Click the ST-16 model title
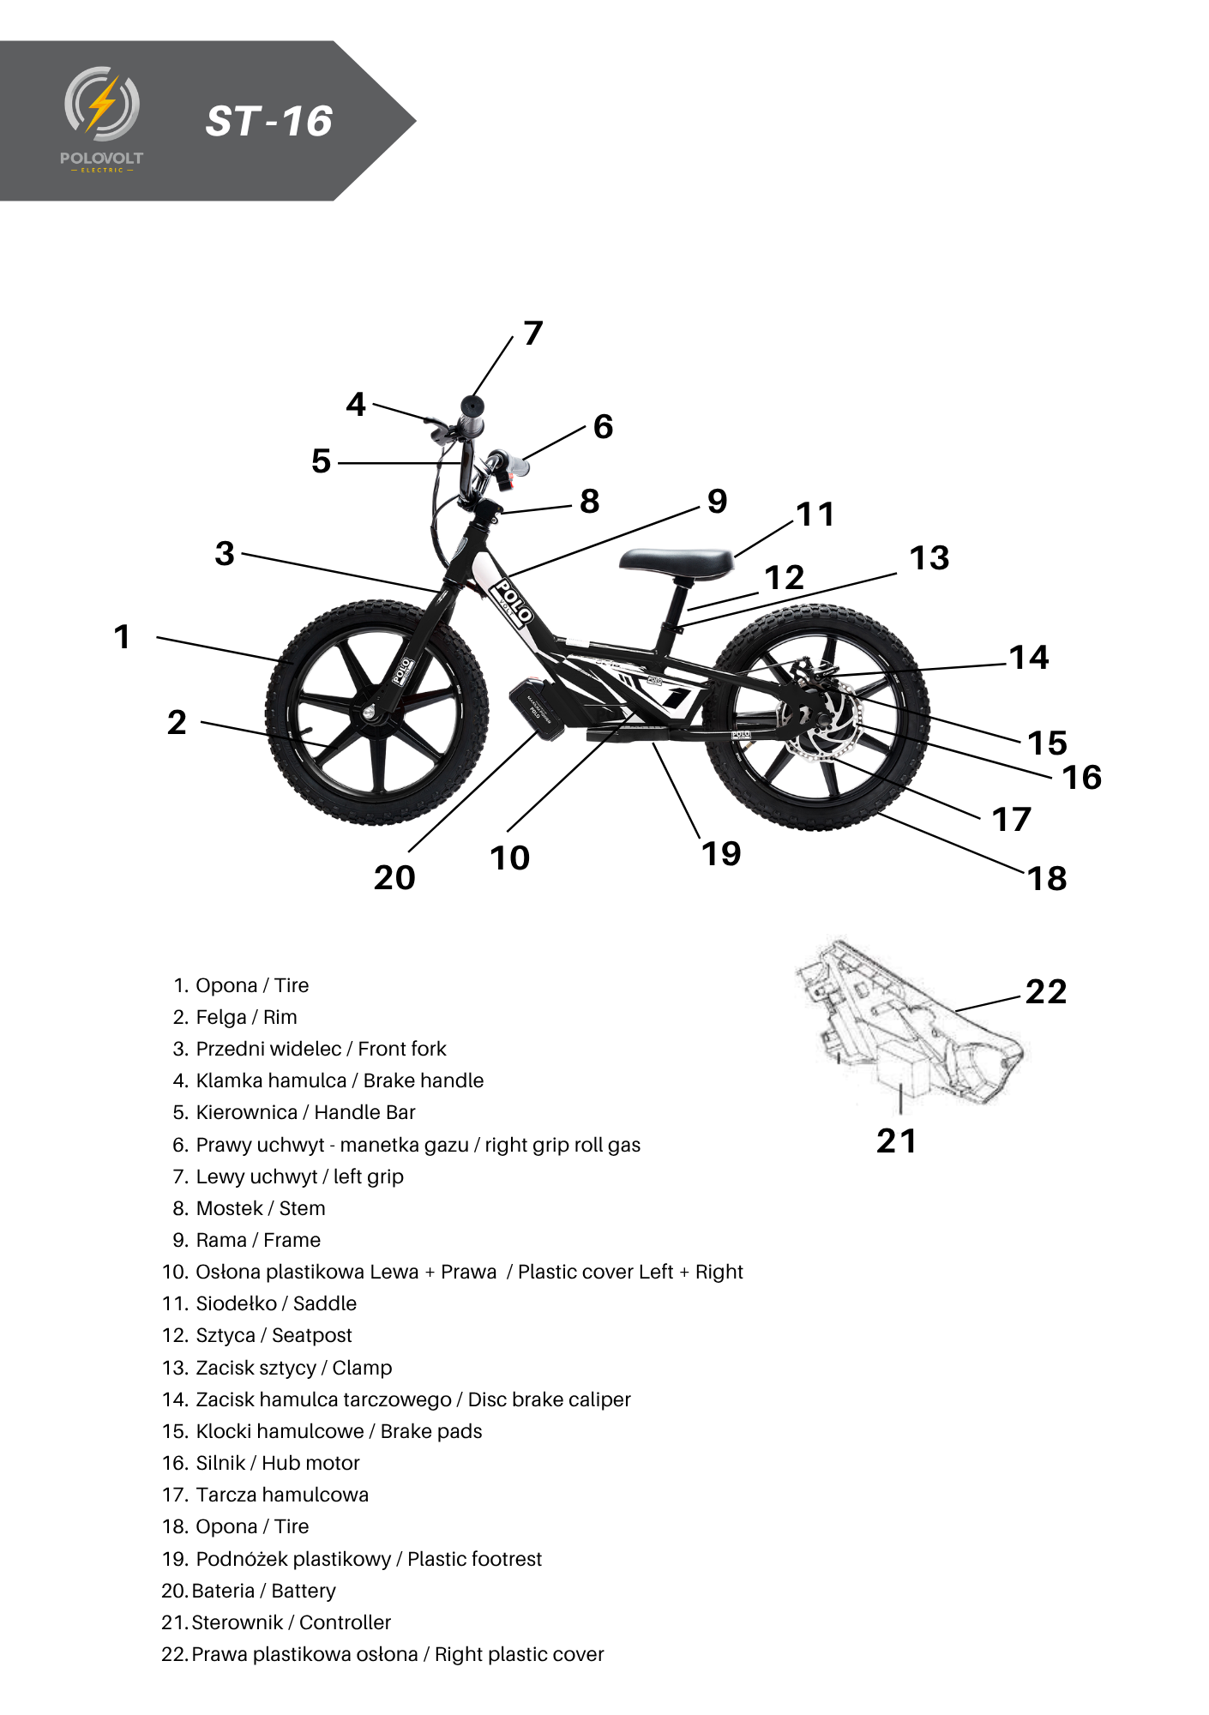pos(268,121)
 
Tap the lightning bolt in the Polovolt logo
pos(103,103)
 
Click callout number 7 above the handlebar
pos(533,333)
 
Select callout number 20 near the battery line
pos(394,877)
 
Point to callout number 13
pos(929,558)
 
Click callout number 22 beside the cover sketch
pos(1046,992)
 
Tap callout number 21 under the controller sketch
pos(897,1141)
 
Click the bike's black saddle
pos(677,563)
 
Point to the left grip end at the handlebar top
pos(472,406)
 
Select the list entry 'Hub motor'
pos(310,1463)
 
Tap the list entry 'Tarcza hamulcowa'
pos(282,1495)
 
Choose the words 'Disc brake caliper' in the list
pos(549,1399)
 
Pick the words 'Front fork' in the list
pos(402,1049)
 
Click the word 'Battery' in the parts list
pos(304,1591)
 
